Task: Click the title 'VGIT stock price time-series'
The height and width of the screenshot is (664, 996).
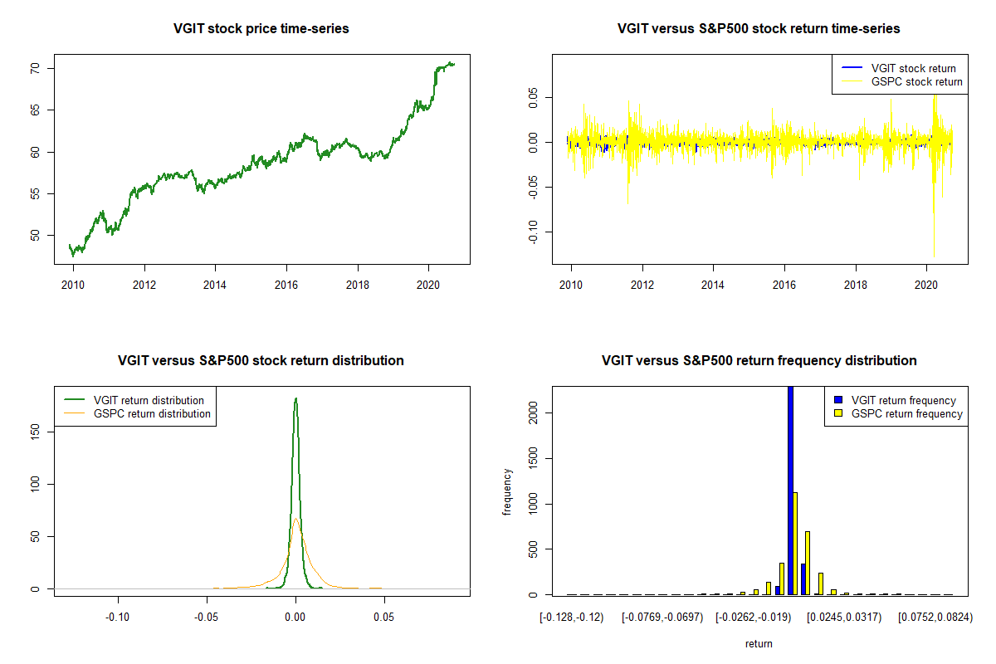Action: pos(261,29)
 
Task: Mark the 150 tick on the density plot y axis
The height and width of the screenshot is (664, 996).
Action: pos(36,432)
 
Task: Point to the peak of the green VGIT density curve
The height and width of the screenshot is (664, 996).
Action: pos(295,399)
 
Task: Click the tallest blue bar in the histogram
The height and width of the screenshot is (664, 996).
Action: pos(790,490)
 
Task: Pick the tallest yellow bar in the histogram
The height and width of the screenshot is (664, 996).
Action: pos(794,544)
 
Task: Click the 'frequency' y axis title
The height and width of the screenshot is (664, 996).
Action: pos(508,491)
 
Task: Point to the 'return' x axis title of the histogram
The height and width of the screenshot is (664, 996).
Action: pos(759,643)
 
